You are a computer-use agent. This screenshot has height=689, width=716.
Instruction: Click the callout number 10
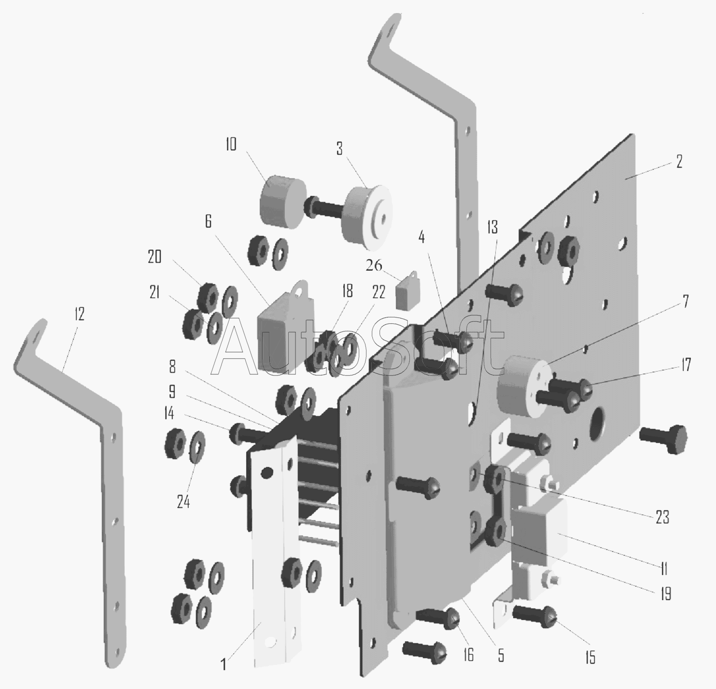(x=231, y=144)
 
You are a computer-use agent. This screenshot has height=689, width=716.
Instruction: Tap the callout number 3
(x=339, y=149)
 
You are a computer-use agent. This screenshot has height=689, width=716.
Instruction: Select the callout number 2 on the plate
(x=679, y=162)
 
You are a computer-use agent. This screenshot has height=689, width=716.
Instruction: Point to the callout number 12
(x=79, y=314)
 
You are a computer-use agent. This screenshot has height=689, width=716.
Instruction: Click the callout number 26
(x=374, y=265)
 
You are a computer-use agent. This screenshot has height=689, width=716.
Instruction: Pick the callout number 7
(x=686, y=302)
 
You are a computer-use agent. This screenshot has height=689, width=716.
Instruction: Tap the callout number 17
(x=686, y=365)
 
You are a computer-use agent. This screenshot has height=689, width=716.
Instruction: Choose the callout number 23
(x=662, y=517)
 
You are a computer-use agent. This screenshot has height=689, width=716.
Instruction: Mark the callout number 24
(x=183, y=501)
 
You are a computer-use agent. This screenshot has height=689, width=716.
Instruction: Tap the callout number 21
(x=154, y=292)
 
